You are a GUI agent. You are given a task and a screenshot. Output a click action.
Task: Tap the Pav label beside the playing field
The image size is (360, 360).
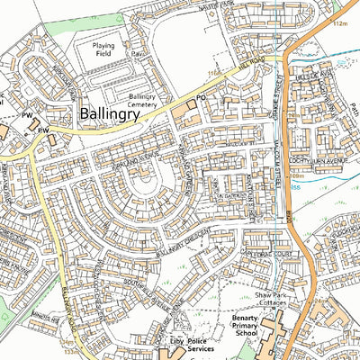point(137,53)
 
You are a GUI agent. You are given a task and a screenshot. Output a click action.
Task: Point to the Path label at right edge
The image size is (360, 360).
point(354,112)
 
